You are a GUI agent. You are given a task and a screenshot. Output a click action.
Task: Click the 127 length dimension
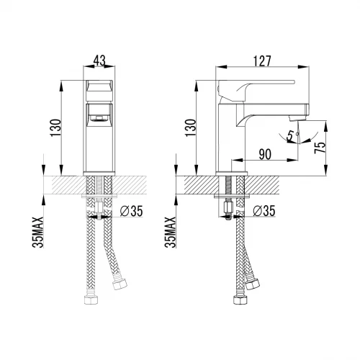(x=262, y=61)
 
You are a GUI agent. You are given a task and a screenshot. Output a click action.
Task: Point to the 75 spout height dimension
(x=321, y=147)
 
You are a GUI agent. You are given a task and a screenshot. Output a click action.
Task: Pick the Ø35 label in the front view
(x=132, y=212)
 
